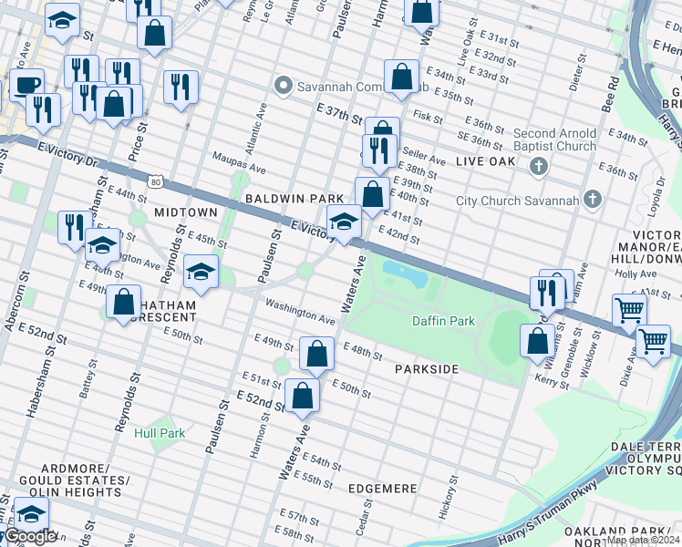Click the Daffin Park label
coord(443,321)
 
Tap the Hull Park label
coord(160,433)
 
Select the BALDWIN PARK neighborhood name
coord(294,198)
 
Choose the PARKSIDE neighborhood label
coord(426,369)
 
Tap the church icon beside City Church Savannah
coord(594,200)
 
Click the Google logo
coord(29,537)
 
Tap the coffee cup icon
coord(26,84)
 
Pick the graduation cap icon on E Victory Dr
coord(343,222)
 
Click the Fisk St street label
coord(427,117)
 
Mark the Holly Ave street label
coord(628,273)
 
